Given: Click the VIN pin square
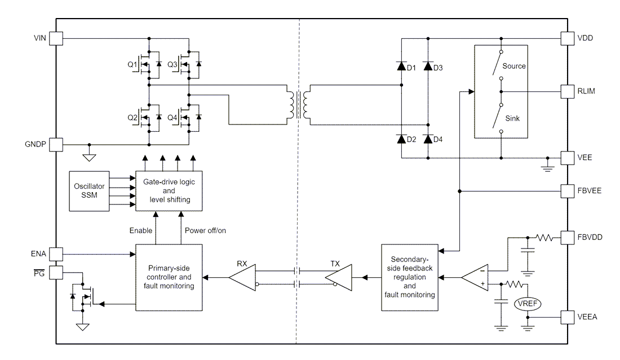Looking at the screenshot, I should [56, 38].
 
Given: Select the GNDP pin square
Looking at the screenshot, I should [56, 145].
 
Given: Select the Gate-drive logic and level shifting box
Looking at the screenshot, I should [169, 191].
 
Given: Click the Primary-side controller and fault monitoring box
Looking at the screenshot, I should [169, 277].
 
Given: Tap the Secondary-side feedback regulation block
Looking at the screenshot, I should [410, 277].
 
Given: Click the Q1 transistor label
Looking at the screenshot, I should [132, 65].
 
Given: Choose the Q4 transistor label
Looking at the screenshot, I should [172, 118].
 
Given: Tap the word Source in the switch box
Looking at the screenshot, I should [513, 66].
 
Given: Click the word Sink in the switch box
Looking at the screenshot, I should [512, 118].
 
